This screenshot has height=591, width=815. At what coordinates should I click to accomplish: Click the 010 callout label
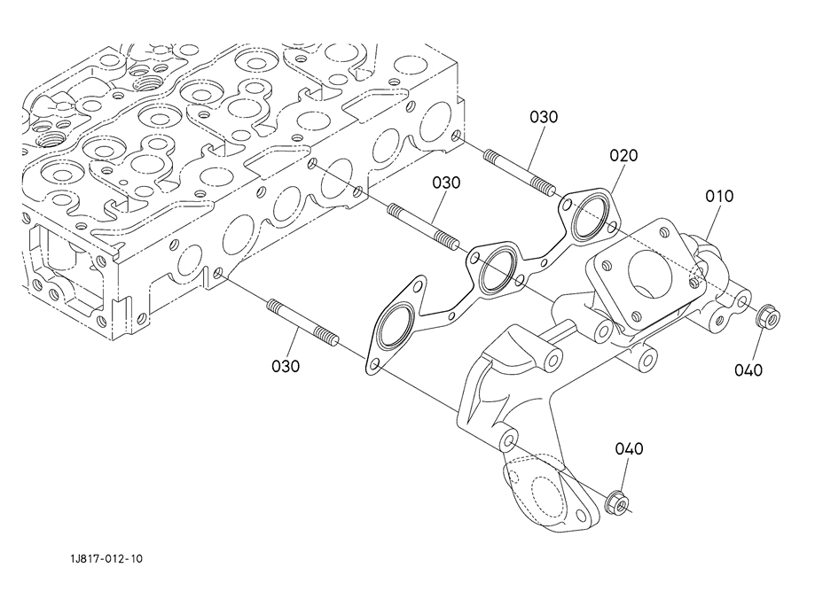[719, 196]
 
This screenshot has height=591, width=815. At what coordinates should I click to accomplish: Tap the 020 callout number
[623, 155]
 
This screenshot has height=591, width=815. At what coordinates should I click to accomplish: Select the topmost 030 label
[545, 116]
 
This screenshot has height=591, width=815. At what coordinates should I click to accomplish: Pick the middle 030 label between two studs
[447, 183]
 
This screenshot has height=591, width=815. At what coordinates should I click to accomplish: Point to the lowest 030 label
[286, 365]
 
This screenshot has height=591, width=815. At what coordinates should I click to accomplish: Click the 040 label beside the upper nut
[748, 370]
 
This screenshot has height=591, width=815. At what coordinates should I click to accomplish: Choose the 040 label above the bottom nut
[629, 449]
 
